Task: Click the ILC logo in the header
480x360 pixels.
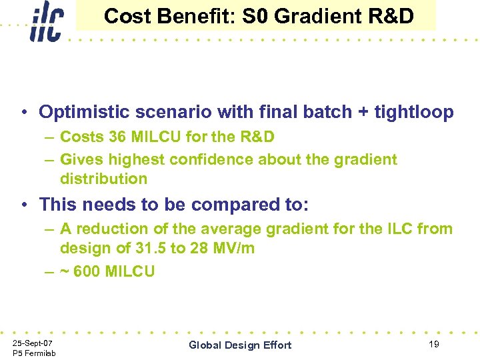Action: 46,21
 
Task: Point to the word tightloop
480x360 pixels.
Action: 409,111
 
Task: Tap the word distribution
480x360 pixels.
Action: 103,179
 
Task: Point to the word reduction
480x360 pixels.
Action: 110,229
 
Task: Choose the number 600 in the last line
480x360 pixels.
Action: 86,271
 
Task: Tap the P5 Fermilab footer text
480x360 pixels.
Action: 34,353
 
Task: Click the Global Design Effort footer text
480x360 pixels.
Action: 240,345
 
